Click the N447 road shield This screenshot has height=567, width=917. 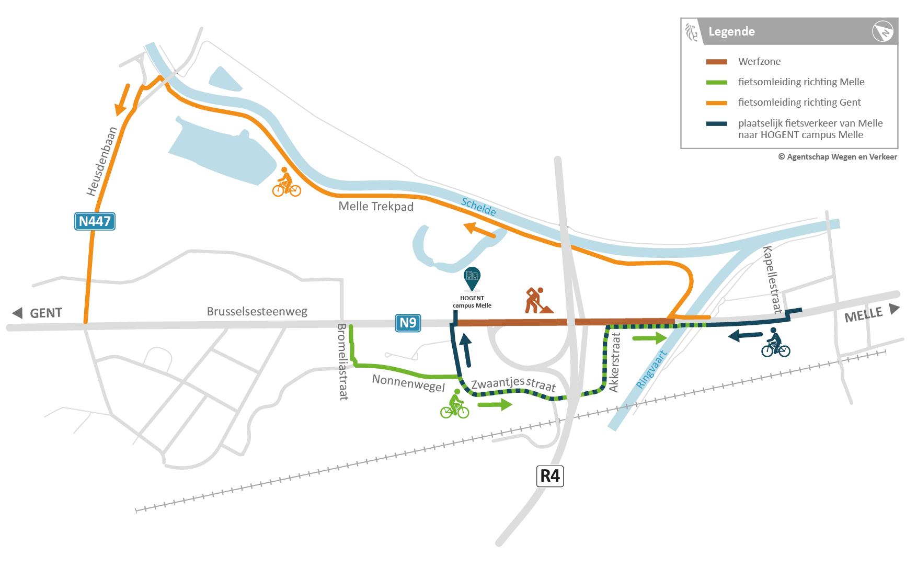tap(94, 221)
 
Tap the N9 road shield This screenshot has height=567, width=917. tap(407, 323)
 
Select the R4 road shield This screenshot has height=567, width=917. tap(551, 477)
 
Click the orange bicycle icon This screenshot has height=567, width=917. tap(286, 183)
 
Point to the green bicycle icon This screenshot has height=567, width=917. tap(454, 405)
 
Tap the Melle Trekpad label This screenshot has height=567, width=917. tap(376, 206)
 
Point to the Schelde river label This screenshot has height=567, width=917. tap(479, 207)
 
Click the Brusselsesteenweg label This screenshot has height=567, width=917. tap(257, 311)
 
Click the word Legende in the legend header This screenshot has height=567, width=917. tap(731, 31)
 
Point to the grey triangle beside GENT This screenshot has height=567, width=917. tap(18, 313)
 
